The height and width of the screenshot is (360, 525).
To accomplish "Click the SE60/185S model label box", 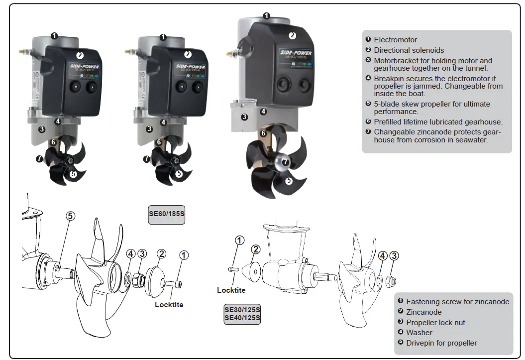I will (166, 215).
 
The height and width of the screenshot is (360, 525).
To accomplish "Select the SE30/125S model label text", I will (242, 309).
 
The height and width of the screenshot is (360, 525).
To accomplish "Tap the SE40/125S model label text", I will (242, 317).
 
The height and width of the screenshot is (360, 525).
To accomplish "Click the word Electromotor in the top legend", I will (396, 40).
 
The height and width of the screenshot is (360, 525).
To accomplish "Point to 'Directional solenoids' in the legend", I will (409, 50).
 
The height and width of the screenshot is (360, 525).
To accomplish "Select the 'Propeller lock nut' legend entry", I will (435, 322).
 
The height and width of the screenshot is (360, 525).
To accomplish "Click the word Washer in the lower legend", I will (419, 332).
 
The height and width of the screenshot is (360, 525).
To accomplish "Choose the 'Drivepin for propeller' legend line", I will (441, 343).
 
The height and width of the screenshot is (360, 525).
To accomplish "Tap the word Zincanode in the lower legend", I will (423, 312).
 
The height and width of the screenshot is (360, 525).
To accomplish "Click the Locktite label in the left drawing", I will (169, 304).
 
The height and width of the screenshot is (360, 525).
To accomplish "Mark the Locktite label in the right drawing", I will (231, 290).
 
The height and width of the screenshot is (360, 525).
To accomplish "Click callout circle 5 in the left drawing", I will (71, 216).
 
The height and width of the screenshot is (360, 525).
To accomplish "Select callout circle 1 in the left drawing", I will (184, 255).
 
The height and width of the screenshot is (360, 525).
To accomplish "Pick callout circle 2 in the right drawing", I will (255, 249).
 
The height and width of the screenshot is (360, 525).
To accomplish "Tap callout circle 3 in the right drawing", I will (394, 256).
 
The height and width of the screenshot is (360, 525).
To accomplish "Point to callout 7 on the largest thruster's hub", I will (285, 162).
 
